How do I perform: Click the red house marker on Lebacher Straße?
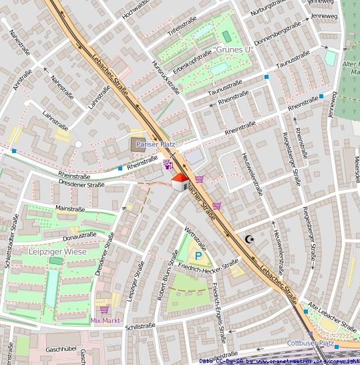coord(180,182)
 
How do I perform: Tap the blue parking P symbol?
coord(198,255)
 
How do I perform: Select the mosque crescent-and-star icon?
coord(250,239)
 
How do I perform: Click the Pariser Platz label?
coord(156,144)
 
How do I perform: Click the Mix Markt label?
coord(104,320)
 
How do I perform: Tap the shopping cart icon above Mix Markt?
coord(104,310)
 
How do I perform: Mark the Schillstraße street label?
coord(140,326)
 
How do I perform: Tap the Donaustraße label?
coord(79,235)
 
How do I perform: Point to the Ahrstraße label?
coord(21,82)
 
